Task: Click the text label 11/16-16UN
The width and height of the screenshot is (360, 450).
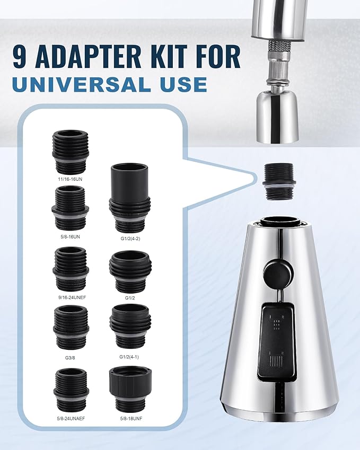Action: tap(71, 179)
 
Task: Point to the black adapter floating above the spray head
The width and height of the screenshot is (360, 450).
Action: tap(278, 181)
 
